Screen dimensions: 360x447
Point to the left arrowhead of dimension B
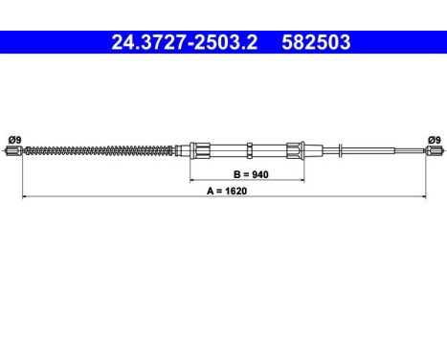point(192,180)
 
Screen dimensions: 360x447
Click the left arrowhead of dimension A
point(24,197)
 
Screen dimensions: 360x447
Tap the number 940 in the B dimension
point(255,173)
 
